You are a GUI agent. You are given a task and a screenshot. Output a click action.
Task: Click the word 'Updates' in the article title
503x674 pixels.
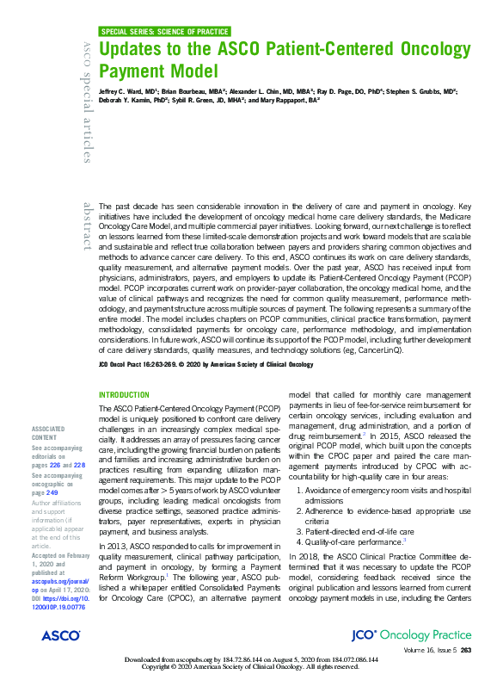136,50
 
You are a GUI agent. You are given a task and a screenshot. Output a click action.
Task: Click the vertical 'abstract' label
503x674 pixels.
86,226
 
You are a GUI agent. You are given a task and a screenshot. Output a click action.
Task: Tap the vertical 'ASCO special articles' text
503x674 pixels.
86,101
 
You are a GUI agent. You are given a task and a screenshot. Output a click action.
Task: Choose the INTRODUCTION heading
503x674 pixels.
125,395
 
